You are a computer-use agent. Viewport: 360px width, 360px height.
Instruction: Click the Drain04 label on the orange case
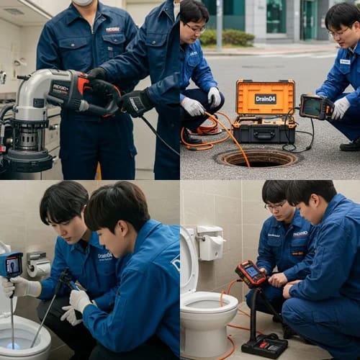click(265, 99)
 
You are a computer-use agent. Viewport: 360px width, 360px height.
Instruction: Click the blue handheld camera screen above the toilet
click(12, 265)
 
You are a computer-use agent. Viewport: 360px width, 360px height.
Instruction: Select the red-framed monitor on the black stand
click(250, 274)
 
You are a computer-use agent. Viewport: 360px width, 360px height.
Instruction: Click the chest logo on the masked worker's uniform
click(112, 30)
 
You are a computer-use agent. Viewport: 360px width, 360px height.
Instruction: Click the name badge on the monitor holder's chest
click(344, 62)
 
